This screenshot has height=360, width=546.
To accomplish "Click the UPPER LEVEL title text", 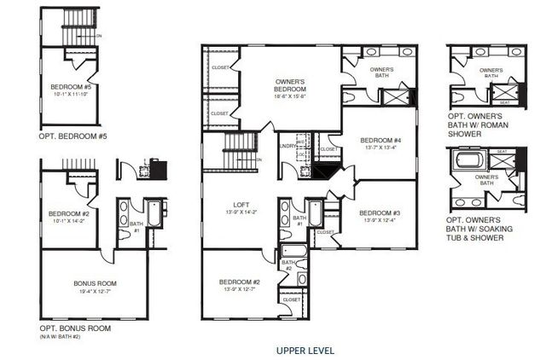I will (x=305, y=350).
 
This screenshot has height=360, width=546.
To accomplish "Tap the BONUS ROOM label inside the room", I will (x=95, y=283).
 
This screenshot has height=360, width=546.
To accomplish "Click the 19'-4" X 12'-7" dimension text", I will (x=95, y=292).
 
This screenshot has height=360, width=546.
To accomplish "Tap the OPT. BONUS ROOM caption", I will (x=75, y=328).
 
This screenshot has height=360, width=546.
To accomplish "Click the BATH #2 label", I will (x=289, y=265).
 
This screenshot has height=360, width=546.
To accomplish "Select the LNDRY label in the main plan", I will (x=287, y=147).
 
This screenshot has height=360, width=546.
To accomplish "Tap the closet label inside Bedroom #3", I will (x=325, y=231).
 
